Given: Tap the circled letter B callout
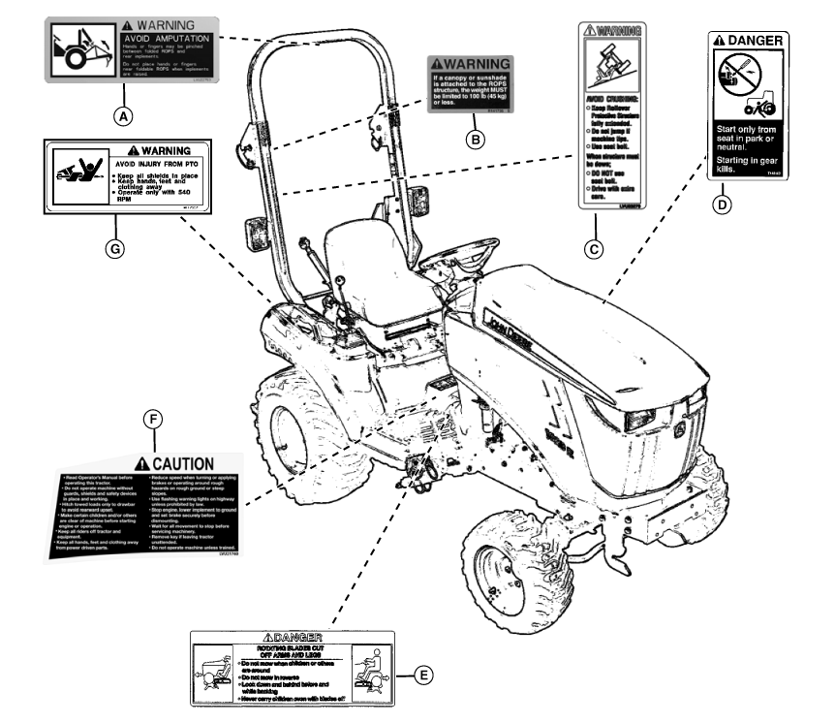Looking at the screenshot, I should pyautogui.click(x=474, y=140).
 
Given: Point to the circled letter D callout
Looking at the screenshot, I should pyautogui.click(x=721, y=204).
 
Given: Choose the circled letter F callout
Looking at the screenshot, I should pyautogui.click(x=152, y=420).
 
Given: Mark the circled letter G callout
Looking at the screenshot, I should pyautogui.click(x=115, y=248).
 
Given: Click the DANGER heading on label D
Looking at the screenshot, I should pyautogui.click(x=748, y=42).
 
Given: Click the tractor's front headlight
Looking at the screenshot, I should pyautogui.click(x=641, y=418).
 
